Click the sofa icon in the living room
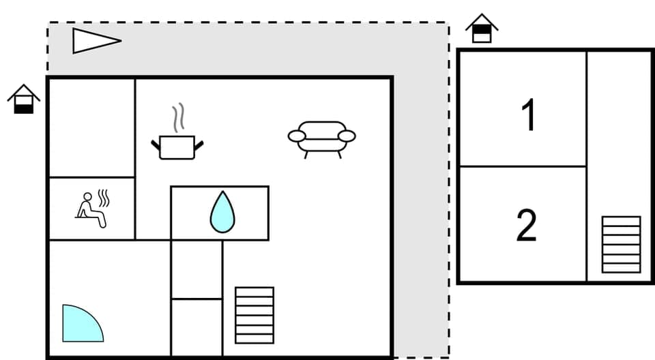321,138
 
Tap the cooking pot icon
177,146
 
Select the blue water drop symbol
220,212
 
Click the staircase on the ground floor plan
254,315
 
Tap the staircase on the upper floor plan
621,244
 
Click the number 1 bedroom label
528,115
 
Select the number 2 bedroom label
527,226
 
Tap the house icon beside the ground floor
24,100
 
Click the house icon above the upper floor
482,29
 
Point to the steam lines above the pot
178,118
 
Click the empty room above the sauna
91,127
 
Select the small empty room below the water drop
196,269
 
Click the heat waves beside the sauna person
104,198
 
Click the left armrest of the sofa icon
296,136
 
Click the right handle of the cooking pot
199,142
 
